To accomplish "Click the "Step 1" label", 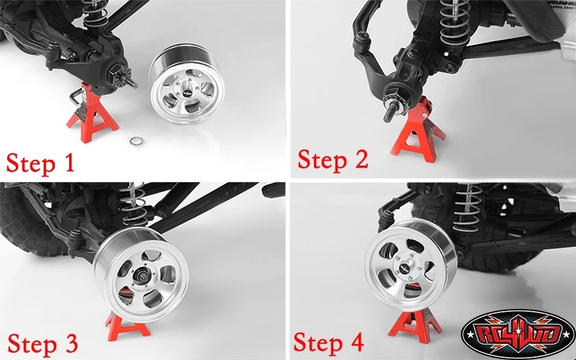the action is coord(40,163).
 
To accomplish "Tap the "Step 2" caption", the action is coord(333,159).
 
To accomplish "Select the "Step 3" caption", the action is coord(42,344).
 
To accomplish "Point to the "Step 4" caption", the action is coord(328,343).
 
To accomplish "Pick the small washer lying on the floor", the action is coord(137,140).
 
